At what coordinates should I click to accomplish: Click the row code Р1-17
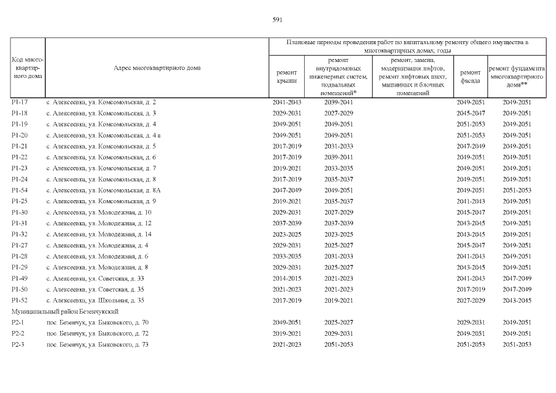point(20,102)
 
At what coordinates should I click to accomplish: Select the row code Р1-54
point(20,190)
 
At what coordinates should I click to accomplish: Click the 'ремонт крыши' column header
point(287,76)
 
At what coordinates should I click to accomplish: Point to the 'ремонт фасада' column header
point(470,76)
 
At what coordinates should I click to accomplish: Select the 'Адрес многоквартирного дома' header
point(157,68)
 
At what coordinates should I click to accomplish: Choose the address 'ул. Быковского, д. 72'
point(98,333)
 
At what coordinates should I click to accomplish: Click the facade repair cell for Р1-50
point(471,289)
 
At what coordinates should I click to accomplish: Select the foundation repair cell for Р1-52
point(517,300)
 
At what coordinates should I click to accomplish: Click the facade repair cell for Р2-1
point(471,322)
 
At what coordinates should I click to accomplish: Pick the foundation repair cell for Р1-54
point(517,190)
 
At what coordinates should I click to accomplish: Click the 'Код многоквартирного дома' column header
point(27,68)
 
